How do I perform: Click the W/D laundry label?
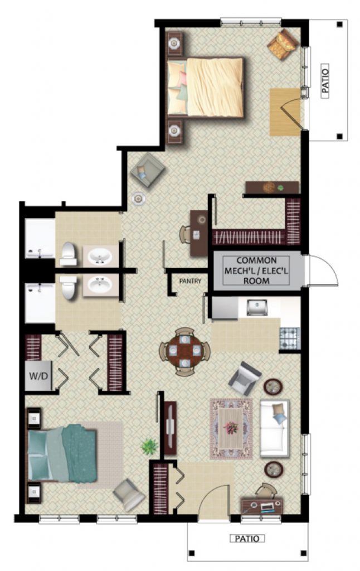coord(38,376)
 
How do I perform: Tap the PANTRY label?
coord(190,281)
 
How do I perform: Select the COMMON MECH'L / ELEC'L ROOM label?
coord(256,270)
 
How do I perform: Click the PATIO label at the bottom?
coord(247,539)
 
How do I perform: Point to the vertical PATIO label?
coord(325,81)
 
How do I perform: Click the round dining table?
coord(185,351)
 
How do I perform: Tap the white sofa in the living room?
coord(275,429)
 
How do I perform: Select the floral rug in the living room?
coord(231,428)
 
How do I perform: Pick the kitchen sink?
coord(256,308)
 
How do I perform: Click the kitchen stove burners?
coord(290,338)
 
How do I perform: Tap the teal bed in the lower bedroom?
coord(62,453)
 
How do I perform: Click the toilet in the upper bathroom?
coord(68,254)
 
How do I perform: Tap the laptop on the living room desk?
coord(266,507)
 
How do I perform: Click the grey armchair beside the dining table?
coord(245,379)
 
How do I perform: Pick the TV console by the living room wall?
coord(171,428)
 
